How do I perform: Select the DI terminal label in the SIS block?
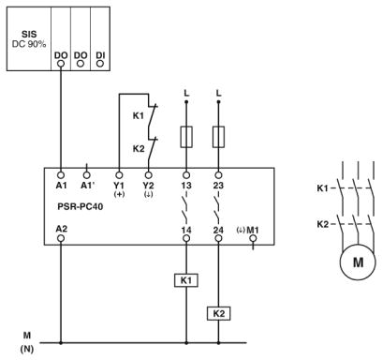coord(98,56)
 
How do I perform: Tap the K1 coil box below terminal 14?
coord(185,279)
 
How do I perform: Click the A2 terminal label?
coord(61,228)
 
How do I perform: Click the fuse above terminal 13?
coord(185,138)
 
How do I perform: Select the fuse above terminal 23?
coord(218,138)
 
